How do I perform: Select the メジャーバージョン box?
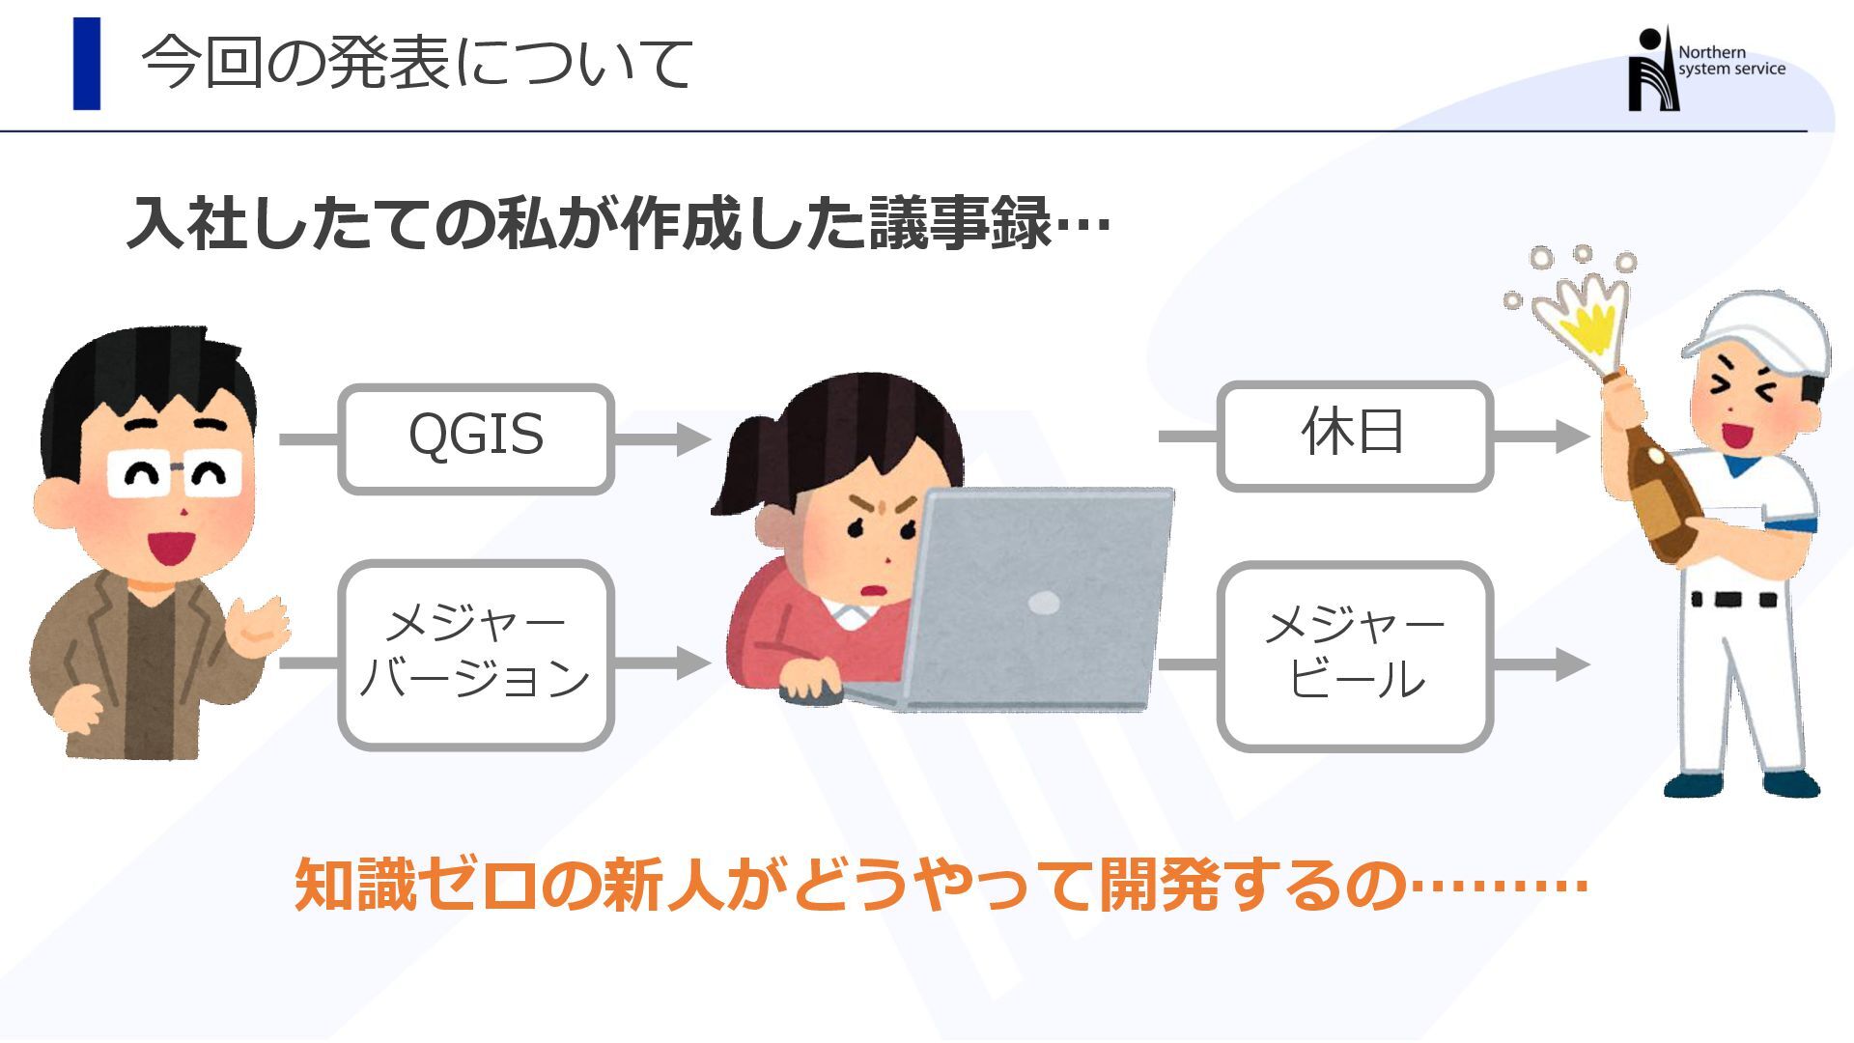pyautogui.click(x=475, y=655)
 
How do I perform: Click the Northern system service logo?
pyautogui.click(x=1704, y=68)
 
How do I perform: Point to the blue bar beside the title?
pyautogui.click(x=87, y=64)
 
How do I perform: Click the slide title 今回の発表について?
pyautogui.click(x=417, y=64)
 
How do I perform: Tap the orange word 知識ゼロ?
pyautogui.click(x=416, y=884)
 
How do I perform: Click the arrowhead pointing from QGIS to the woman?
pyautogui.click(x=692, y=438)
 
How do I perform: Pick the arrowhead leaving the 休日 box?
pyautogui.click(x=1571, y=436)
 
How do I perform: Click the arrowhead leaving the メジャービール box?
pyautogui.click(x=1571, y=663)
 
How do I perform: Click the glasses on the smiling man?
pyautogui.click(x=174, y=473)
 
